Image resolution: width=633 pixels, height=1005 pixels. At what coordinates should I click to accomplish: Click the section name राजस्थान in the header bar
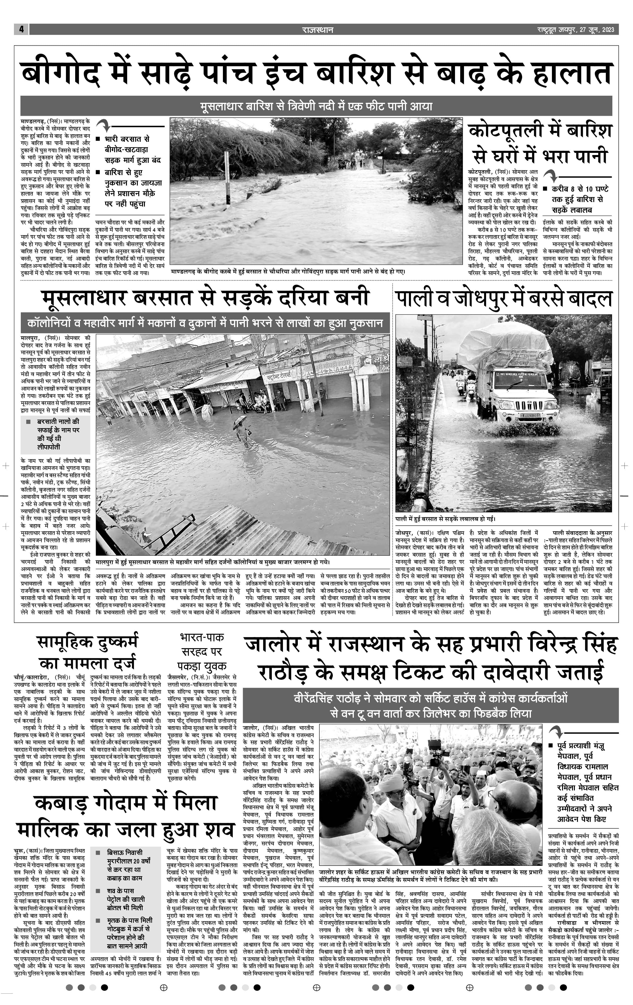pyautogui.click(x=318, y=30)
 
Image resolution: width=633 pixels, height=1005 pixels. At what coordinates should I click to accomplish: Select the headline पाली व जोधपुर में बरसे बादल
pyautogui.click(x=503, y=299)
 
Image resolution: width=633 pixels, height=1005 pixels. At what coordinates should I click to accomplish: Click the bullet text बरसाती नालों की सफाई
pyautogui.click(x=58, y=434)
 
